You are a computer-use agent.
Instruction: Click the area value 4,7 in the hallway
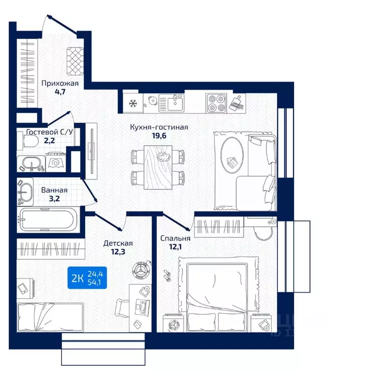(60, 92)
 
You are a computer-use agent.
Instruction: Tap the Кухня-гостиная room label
(159, 127)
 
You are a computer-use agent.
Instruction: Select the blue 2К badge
(87, 278)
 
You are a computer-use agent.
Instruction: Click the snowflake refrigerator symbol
(132, 104)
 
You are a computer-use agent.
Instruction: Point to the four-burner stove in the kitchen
(216, 103)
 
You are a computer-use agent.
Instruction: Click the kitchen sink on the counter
(171, 103)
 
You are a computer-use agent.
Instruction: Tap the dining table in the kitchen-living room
(158, 167)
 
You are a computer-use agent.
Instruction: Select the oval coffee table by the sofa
(232, 155)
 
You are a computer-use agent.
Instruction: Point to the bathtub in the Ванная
(48, 219)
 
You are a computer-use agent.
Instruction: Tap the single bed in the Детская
(50, 317)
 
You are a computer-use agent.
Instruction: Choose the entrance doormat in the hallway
(75, 61)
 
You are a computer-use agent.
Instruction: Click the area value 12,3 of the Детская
(118, 251)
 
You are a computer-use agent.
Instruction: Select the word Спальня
(175, 238)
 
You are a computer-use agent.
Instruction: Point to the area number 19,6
(159, 136)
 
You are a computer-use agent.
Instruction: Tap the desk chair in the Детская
(122, 309)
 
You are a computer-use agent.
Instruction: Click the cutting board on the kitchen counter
(236, 103)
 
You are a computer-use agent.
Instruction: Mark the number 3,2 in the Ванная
(54, 199)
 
